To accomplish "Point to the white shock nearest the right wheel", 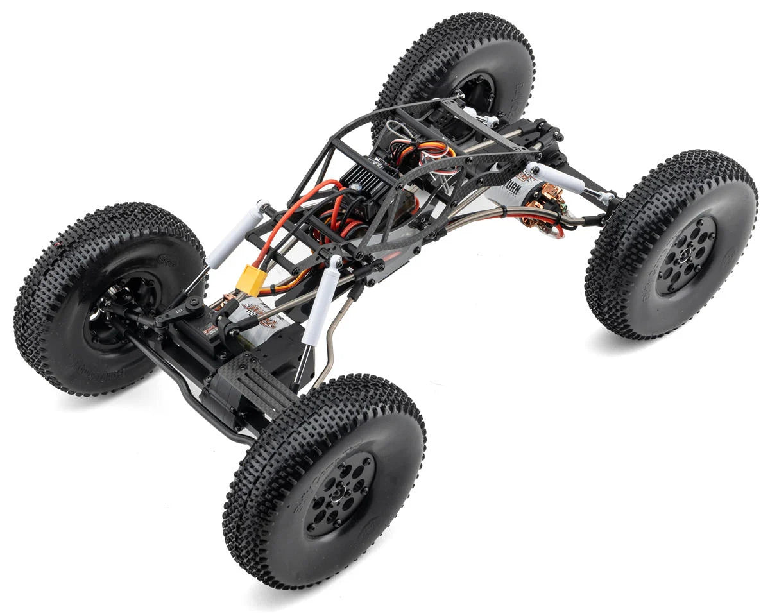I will pos(553,178).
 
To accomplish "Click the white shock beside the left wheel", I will pos(234,234).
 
